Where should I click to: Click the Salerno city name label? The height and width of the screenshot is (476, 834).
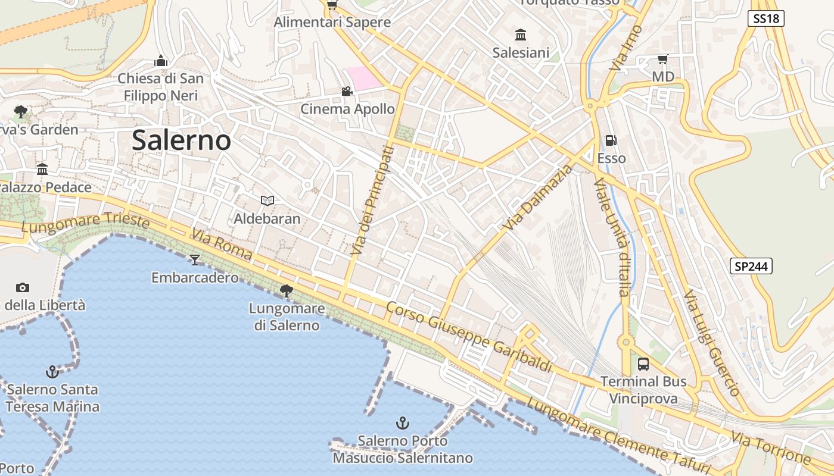tap(181, 140)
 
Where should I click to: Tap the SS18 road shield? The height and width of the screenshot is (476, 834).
tap(765, 18)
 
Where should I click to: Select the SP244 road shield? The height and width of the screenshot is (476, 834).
tap(751, 267)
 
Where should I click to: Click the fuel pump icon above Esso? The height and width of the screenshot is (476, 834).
tap(611, 141)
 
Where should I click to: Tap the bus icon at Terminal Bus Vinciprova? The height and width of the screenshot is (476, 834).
tap(643, 364)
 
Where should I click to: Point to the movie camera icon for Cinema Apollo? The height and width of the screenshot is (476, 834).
tap(347, 92)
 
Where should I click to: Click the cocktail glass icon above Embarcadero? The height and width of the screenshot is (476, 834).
tap(195, 260)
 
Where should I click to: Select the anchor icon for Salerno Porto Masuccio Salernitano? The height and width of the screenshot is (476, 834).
tap(403, 423)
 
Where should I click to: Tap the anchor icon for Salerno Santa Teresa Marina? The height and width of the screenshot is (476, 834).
tap(52, 372)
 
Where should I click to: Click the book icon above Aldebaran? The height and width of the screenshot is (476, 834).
tap(267, 201)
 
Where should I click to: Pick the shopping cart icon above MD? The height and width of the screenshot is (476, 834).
tap(662, 59)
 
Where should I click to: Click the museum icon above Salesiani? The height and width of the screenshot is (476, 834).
tap(521, 35)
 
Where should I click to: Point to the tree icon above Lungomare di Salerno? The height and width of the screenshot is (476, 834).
tap(287, 290)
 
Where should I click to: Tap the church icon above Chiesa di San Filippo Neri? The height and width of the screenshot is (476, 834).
tap(160, 61)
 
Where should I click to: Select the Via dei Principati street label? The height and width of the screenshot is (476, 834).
tap(372, 201)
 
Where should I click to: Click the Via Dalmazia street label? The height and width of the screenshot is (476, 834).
tap(537, 198)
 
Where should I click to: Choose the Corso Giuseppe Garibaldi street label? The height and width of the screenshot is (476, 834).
tap(469, 337)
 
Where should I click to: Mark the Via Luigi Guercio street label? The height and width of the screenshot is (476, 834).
tap(711, 343)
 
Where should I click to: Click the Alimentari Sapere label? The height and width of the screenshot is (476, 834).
tap(332, 23)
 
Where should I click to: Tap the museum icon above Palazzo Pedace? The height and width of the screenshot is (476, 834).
tap(42, 170)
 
